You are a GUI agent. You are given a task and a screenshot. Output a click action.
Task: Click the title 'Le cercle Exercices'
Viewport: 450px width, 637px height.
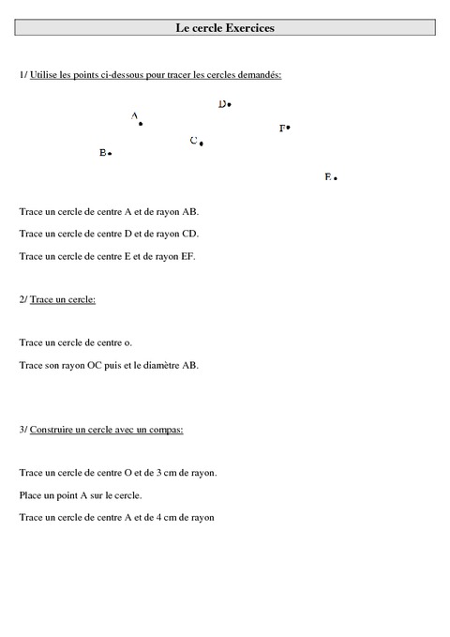(225, 29)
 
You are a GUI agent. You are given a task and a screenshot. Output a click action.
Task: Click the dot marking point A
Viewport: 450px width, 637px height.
(141, 123)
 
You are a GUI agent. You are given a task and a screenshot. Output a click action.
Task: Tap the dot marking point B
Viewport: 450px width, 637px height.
(111, 153)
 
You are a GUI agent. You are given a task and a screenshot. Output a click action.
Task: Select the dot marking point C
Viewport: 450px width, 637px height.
(202, 144)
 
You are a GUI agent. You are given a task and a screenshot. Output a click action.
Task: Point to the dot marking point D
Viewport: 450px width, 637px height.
(230, 105)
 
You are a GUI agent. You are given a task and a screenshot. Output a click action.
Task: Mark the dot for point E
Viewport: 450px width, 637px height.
(335, 177)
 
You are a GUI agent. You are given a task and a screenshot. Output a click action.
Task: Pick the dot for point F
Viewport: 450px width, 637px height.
(289, 127)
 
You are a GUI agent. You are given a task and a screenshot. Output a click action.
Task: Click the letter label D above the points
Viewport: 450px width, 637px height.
(222, 104)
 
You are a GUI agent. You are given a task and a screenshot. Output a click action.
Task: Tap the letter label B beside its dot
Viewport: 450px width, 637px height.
(102, 152)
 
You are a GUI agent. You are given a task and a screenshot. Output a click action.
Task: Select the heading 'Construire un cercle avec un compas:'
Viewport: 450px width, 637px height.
(106, 430)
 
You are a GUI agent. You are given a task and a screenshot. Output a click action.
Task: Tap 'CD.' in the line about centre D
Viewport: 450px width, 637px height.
(190, 234)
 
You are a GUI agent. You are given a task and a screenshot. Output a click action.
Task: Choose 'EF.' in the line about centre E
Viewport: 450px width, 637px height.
(187, 255)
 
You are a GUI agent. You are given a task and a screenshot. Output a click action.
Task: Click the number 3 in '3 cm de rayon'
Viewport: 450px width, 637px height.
(168, 473)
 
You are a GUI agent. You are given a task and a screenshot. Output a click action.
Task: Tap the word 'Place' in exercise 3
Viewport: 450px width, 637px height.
(30, 494)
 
